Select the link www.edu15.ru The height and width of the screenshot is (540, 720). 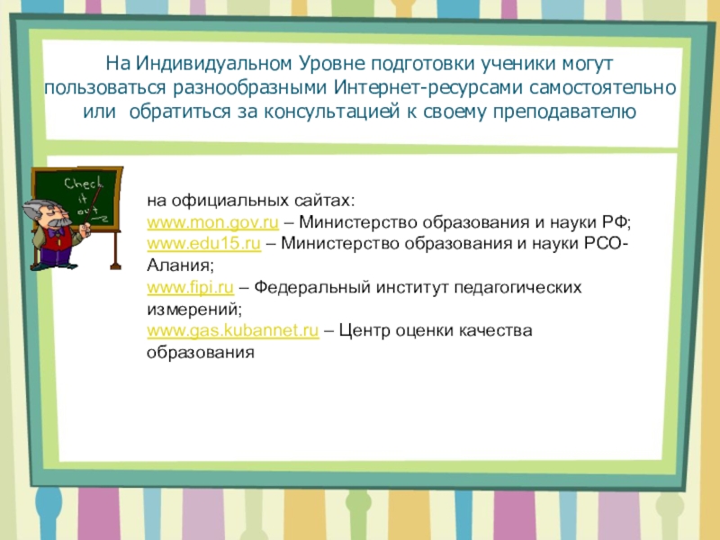coord(203,244)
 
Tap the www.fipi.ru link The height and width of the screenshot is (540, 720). coord(190,288)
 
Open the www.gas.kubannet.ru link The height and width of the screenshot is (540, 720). coord(232,331)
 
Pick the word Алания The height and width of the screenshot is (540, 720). coord(178,266)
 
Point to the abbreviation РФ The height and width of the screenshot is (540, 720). coord(622,221)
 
